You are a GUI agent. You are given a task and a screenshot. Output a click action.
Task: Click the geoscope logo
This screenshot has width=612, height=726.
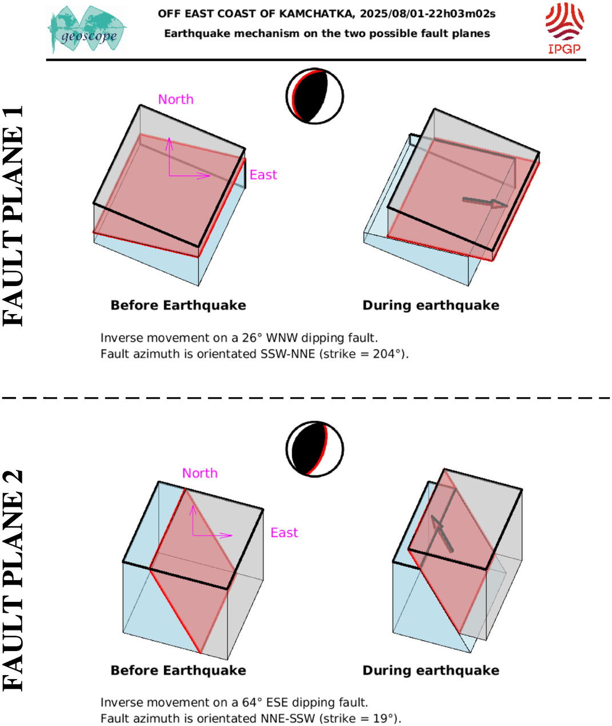point(87,29)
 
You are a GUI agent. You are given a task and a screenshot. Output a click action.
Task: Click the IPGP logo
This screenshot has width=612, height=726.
point(565,28)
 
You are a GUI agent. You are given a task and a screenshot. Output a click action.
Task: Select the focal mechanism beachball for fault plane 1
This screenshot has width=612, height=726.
point(315,96)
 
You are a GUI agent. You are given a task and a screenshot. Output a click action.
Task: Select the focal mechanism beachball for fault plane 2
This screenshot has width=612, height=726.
point(315,449)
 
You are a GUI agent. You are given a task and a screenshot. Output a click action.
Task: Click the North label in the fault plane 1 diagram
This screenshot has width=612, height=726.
point(176,100)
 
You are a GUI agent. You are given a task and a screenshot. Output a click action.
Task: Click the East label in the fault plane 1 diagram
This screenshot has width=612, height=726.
point(263,175)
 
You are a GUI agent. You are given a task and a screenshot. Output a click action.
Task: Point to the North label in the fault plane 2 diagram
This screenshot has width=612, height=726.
point(200,473)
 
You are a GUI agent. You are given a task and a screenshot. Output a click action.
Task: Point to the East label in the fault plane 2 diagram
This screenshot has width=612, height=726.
point(284,533)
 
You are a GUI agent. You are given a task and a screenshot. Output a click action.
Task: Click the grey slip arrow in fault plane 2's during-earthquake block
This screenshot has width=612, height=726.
point(442,534)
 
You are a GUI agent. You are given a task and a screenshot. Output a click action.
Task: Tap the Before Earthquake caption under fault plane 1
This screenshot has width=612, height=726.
point(178,306)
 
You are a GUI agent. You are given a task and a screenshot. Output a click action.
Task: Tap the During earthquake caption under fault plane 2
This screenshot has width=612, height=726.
point(431,671)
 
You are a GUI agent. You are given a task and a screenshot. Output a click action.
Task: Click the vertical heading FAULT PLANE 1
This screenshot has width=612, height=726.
point(13,216)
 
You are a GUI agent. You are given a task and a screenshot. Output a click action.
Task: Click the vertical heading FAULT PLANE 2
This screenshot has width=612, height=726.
point(13,581)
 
